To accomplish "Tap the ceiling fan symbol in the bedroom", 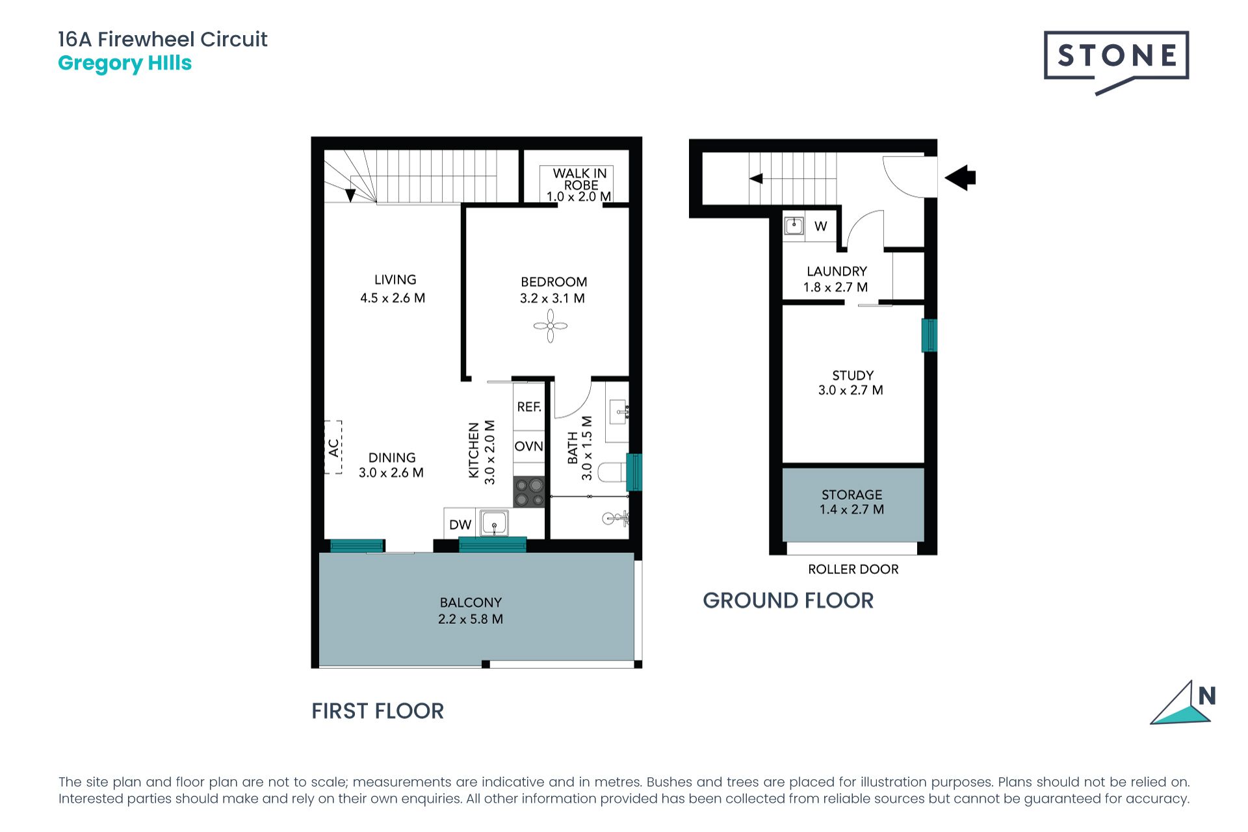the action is pyautogui.click(x=551, y=326).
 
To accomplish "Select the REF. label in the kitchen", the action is pyautogui.click(x=529, y=407).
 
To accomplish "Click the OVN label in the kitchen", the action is pyautogui.click(x=528, y=447).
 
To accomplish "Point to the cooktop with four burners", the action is pyautogui.click(x=529, y=492).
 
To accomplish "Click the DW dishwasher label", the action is pyautogui.click(x=460, y=525).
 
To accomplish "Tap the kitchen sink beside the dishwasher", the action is pyautogui.click(x=494, y=523).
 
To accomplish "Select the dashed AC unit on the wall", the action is pyautogui.click(x=333, y=447).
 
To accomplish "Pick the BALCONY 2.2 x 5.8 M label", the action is pyautogui.click(x=471, y=611).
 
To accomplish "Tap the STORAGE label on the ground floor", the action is pyautogui.click(x=851, y=495).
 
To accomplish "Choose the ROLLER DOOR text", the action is pyautogui.click(x=853, y=569).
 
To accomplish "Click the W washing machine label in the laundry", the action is pyautogui.click(x=821, y=226).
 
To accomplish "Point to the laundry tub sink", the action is pyautogui.click(x=794, y=226).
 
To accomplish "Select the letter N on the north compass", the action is pyautogui.click(x=1207, y=696).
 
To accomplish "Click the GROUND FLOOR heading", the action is pyautogui.click(x=788, y=601).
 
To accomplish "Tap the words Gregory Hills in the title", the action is pyautogui.click(x=125, y=64).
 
